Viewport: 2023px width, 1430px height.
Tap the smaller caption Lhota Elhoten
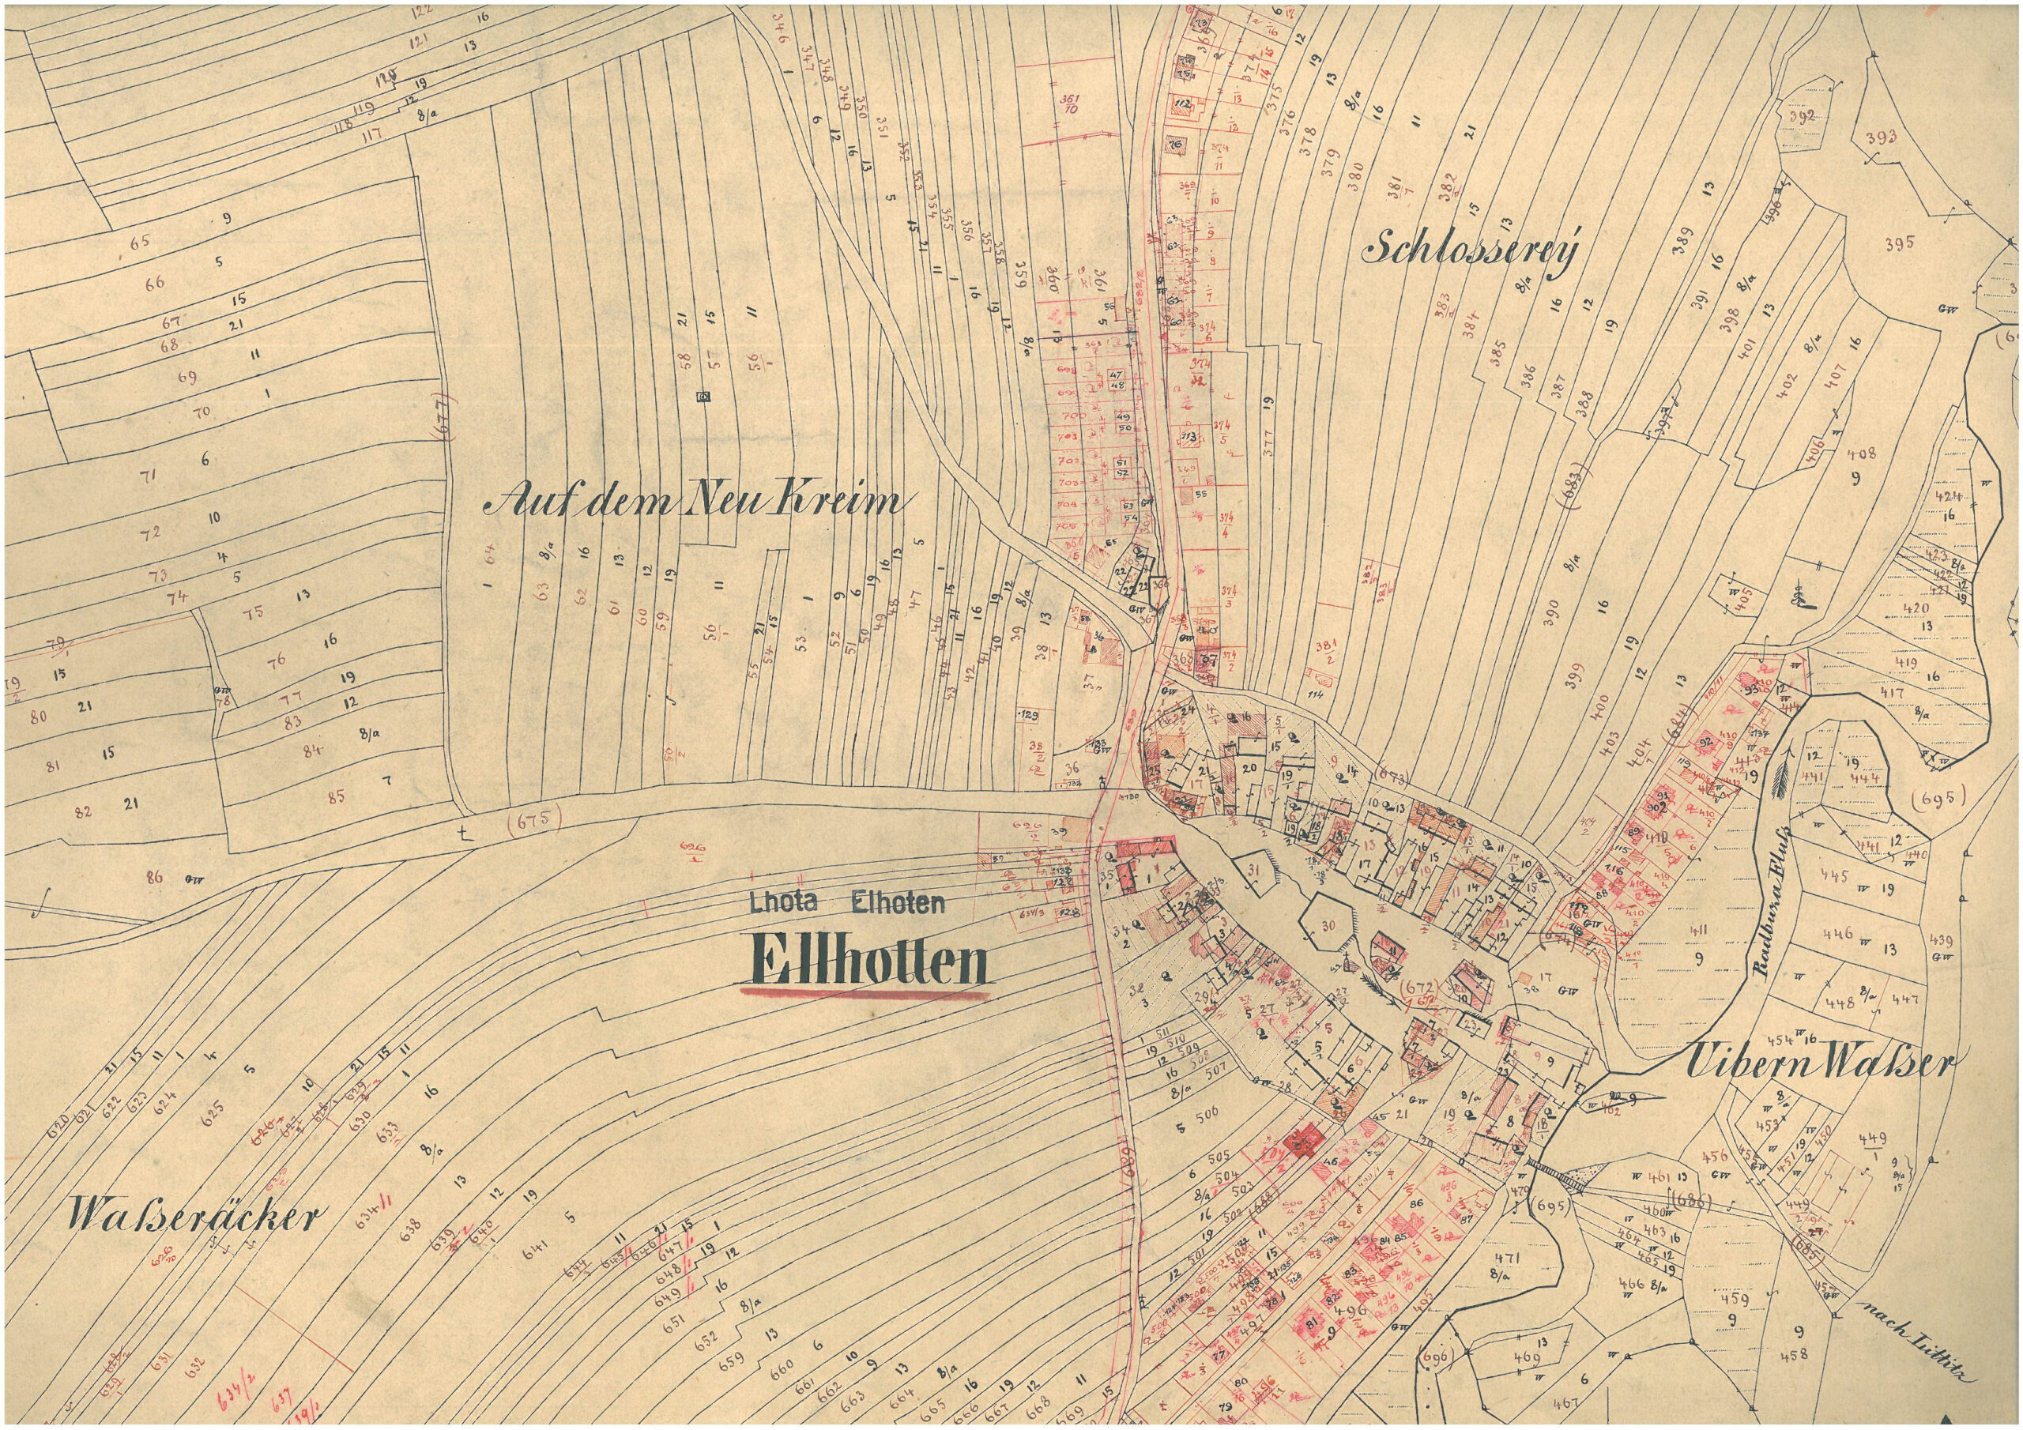pyautogui.click(x=846, y=901)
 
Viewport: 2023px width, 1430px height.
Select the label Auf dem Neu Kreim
pyautogui.click(x=696, y=503)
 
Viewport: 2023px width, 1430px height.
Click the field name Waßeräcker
pyautogui.click(x=191, y=1217)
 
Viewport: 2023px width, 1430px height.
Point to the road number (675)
pyautogui.click(x=535, y=819)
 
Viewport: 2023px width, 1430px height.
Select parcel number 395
pyautogui.click(x=1900, y=244)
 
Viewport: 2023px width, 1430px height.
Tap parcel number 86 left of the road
pyautogui.click(x=154, y=877)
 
